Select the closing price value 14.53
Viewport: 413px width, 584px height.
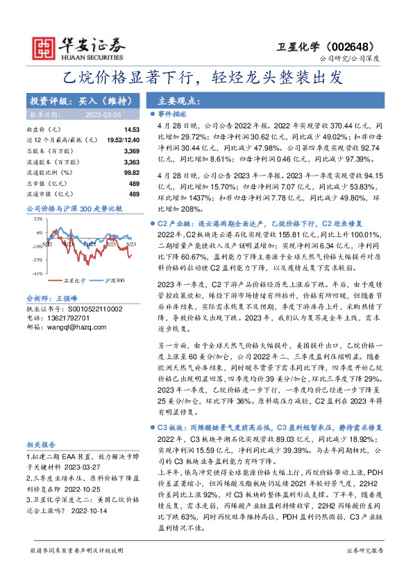click(x=132, y=130)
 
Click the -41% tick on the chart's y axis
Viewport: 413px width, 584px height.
click(x=36, y=274)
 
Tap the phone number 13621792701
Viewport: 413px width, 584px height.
click(x=65, y=317)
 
